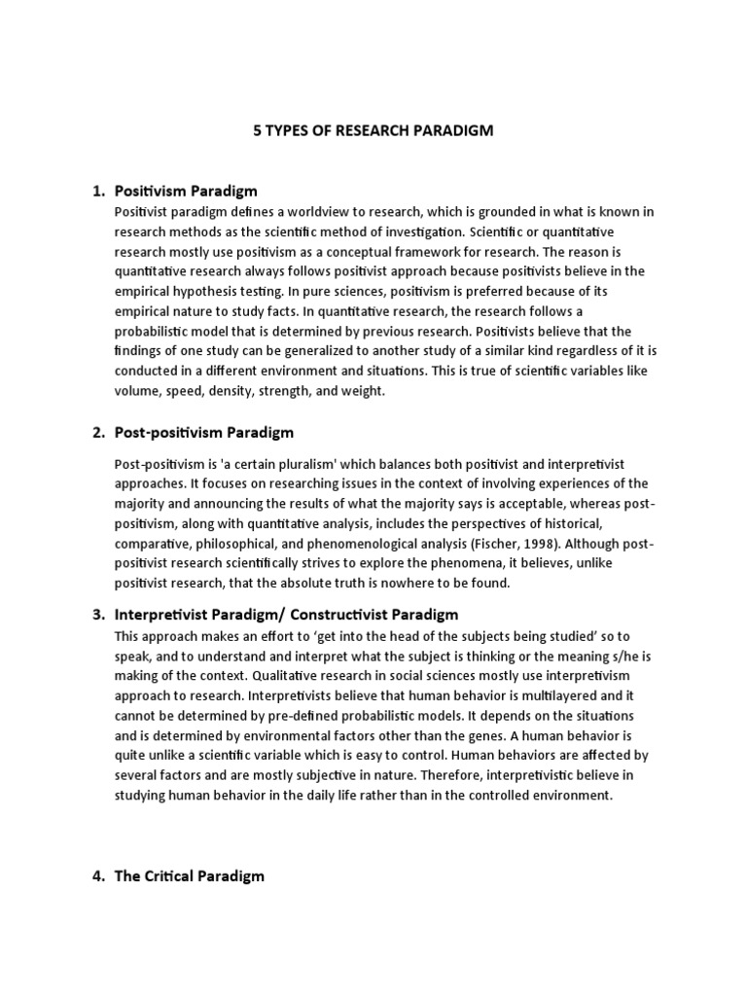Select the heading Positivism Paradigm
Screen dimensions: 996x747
click(186, 191)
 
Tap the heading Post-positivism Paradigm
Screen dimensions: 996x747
click(203, 432)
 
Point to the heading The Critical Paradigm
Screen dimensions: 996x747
click(189, 875)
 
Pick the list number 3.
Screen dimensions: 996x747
click(98, 615)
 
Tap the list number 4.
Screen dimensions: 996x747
click(98, 875)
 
